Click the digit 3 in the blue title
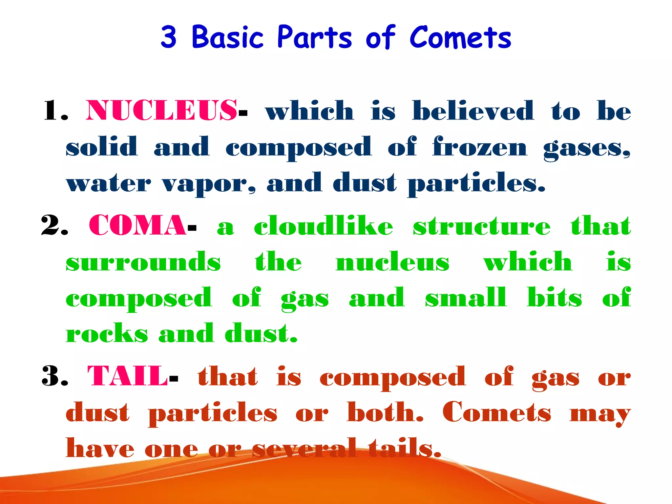tap(169, 37)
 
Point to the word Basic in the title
tap(227, 37)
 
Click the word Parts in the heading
tap(314, 37)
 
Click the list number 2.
tap(54, 226)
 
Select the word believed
tap(473, 111)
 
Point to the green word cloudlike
tap(323, 226)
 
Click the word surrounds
tap(143, 262)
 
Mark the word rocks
tap(107, 333)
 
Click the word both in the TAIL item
tap(385, 412)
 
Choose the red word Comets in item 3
tap(496, 412)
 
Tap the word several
tap(304, 448)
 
